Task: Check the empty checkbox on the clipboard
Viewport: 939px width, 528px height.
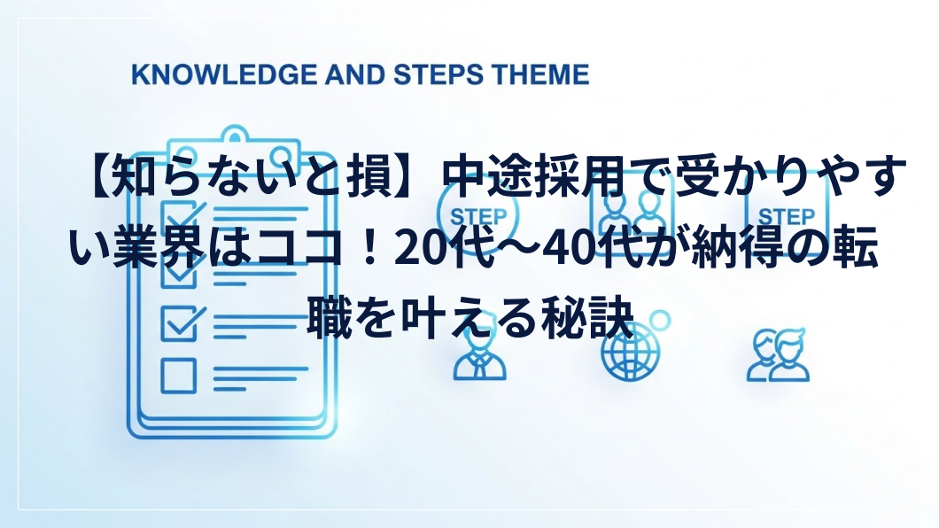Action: (178, 376)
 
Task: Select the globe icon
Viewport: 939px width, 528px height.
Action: (630, 352)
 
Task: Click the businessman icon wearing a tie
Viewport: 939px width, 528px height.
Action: (479, 356)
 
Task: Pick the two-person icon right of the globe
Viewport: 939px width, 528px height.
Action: (778, 355)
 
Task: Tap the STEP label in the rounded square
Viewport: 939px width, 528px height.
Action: (787, 216)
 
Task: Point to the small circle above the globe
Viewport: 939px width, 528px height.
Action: (660, 321)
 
